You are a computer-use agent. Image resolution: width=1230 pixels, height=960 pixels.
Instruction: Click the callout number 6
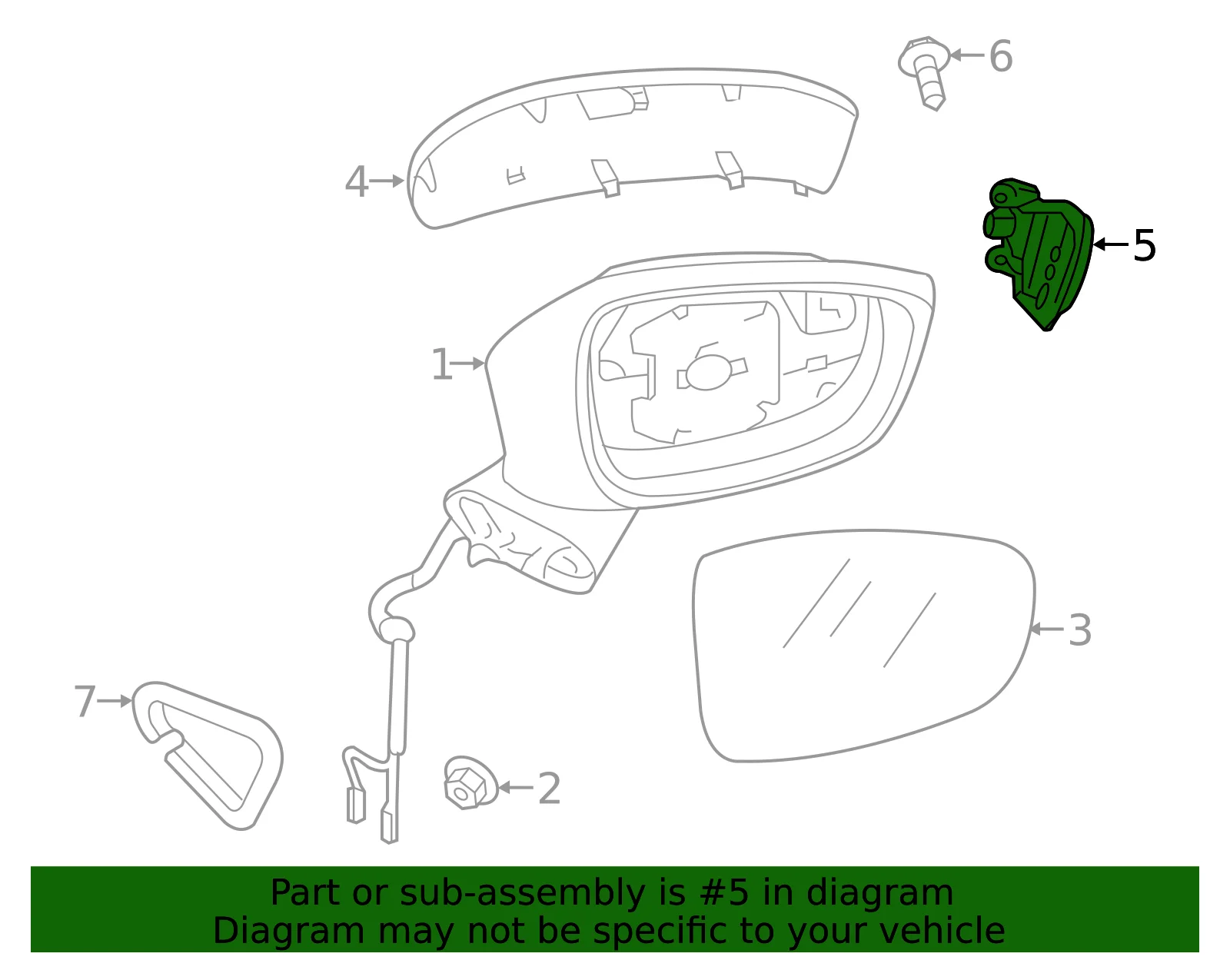click(1000, 57)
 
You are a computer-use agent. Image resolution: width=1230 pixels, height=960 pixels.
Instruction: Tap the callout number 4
click(357, 181)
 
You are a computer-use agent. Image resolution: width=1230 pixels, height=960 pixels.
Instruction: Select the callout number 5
click(1144, 245)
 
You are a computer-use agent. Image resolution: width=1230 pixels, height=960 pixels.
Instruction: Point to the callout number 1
click(441, 364)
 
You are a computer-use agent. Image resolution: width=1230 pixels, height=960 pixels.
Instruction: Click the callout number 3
click(1079, 629)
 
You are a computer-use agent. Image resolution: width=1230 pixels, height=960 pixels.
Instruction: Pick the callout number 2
click(549, 788)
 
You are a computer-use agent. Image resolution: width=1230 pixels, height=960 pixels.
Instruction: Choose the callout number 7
click(85, 701)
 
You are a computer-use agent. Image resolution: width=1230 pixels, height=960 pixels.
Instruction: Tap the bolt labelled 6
click(924, 72)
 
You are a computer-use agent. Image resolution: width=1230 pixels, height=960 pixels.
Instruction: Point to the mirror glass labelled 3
click(863, 645)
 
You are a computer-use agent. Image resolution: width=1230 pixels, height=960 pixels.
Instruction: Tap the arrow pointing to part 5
click(1111, 244)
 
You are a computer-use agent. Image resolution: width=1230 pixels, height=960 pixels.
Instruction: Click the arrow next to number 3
click(1047, 629)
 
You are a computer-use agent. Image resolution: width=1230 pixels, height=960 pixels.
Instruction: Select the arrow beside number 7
click(115, 701)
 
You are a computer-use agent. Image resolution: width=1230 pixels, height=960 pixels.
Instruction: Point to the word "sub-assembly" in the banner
click(522, 894)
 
